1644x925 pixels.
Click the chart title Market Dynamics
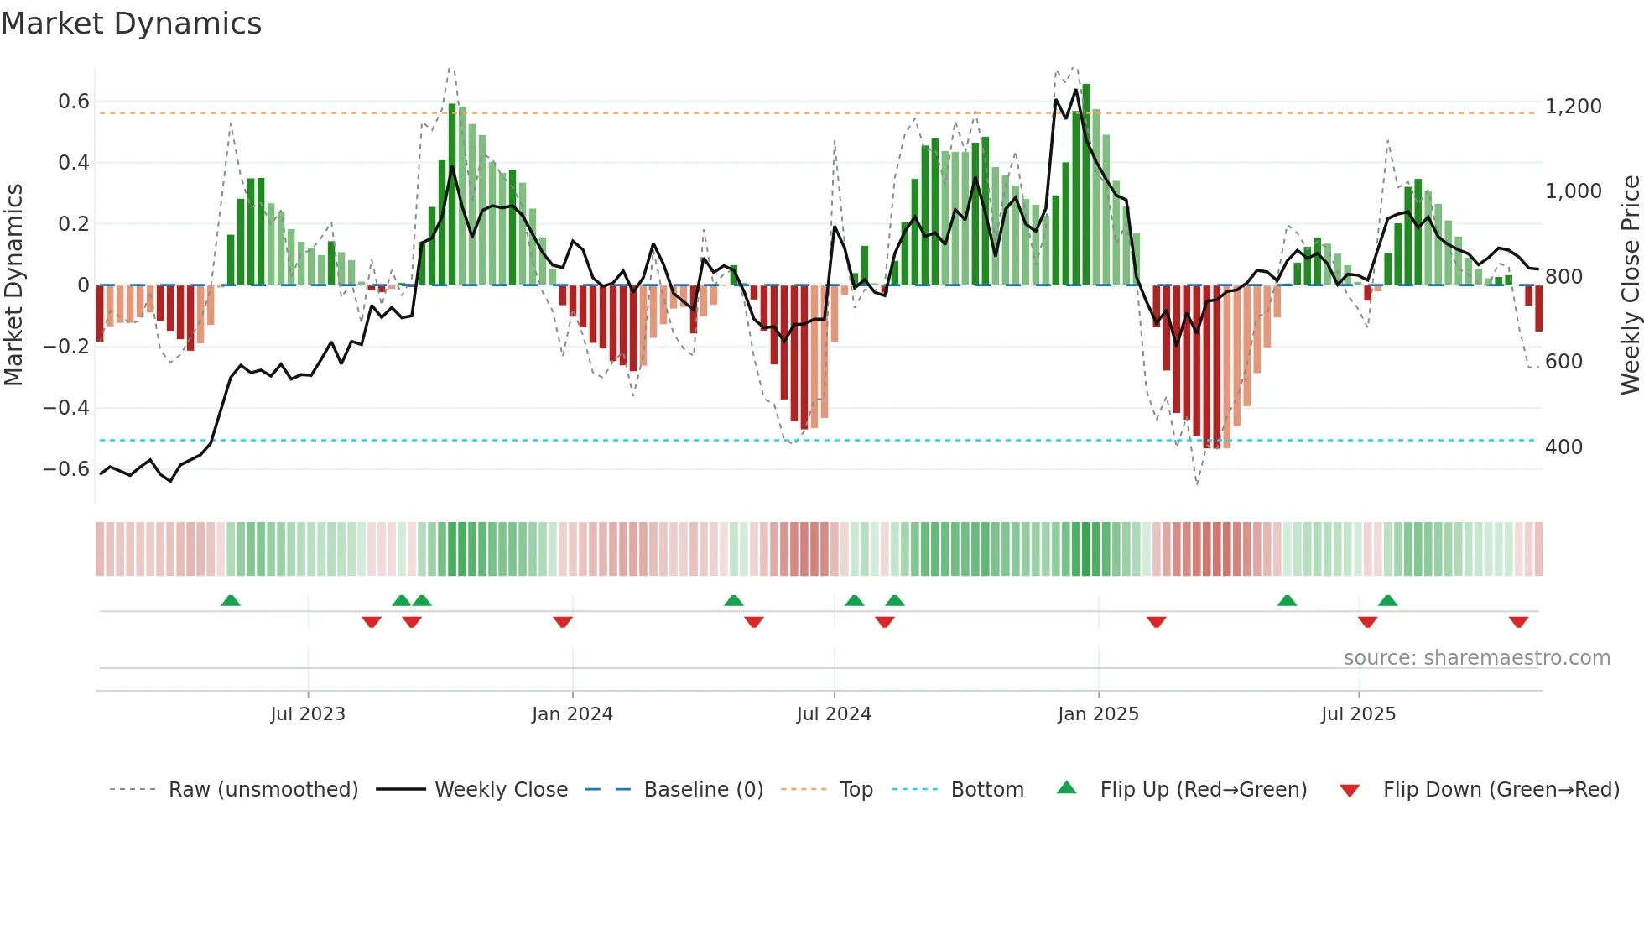[x=131, y=24]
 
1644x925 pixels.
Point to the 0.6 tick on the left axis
[x=73, y=102]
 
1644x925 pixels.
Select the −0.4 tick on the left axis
[x=65, y=408]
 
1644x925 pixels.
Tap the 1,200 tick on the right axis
[x=1573, y=107]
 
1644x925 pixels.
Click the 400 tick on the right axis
[x=1563, y=447]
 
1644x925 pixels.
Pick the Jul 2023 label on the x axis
[x=308, y=714]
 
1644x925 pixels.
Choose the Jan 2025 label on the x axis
[x=1098, y=714]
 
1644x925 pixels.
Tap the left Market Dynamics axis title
[x=13, y=285]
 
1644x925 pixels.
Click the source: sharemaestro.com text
[x=1476, y=658]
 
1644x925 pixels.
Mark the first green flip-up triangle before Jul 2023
[x=231, y=600]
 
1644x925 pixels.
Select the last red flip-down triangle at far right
[x=1518, y=622]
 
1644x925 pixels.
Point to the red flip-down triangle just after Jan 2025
[x=1157, y=622]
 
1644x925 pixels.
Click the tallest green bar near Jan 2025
[x=1086, y=185]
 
